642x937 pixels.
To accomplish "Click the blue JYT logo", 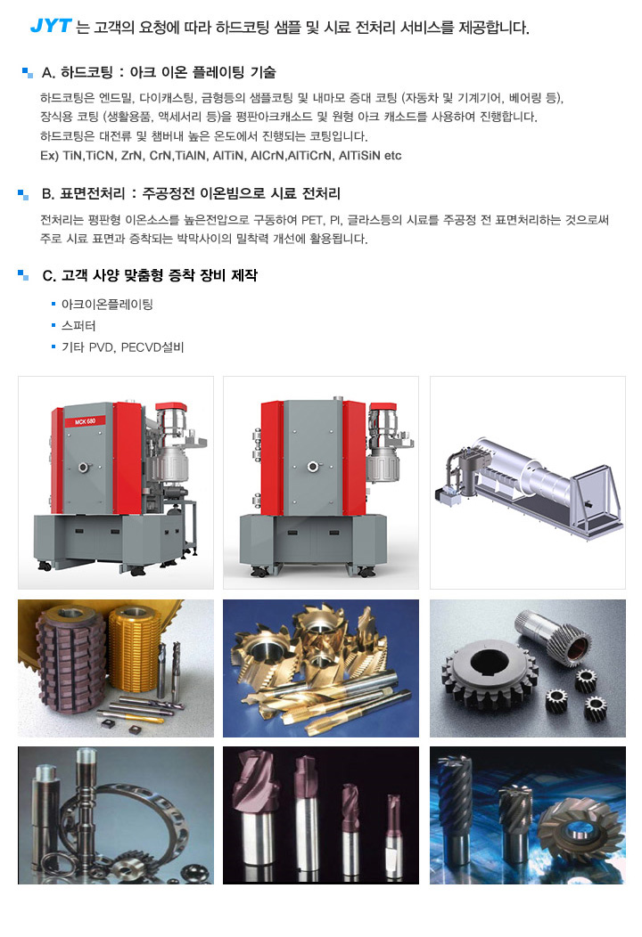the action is [x=51, y=26].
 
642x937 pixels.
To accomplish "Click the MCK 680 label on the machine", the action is [x=85, y=421].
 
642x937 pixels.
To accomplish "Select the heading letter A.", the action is [x=48, y=73].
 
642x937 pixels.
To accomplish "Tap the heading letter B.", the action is [x=48, y=193].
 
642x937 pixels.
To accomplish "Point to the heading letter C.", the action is [x=48, y=275].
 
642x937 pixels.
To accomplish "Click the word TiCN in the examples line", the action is [x=99, y=155].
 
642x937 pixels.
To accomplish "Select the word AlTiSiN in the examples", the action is [x=358, y=155].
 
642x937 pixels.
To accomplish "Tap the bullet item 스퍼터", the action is [x=78, y=326].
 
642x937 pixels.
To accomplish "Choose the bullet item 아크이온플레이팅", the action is [x=107, y=304].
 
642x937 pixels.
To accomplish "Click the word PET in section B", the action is [x=312, y=220].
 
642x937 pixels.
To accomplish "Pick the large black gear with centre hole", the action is [x=489, y=671].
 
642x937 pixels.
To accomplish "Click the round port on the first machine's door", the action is [x=84, y=467].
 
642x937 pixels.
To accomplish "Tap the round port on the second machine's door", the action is [x=312, y=466].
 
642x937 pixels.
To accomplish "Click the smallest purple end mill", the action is [x=393, y=835].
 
